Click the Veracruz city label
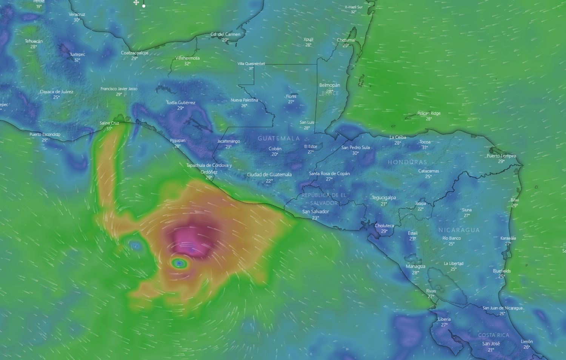(77, 14)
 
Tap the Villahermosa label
(188, 58)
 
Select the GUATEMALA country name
(279, 138)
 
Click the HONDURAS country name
(408, 162)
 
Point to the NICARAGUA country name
(459, 230)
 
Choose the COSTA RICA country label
(494, 335)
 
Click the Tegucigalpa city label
(384, 198)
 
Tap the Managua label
(415, 266)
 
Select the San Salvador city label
(316, 212)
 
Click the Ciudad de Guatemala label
(269, 175)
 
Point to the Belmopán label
(330, 85)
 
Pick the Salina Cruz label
(109, 123)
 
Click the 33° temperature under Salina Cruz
(109, 129)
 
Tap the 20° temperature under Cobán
(275, 154)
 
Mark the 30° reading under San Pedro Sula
(355, 153)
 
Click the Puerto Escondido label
(45, 134)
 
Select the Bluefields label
(502, 271)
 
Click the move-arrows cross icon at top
(136, 3)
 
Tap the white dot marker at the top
(144, 6)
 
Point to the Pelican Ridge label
(429, 113)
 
